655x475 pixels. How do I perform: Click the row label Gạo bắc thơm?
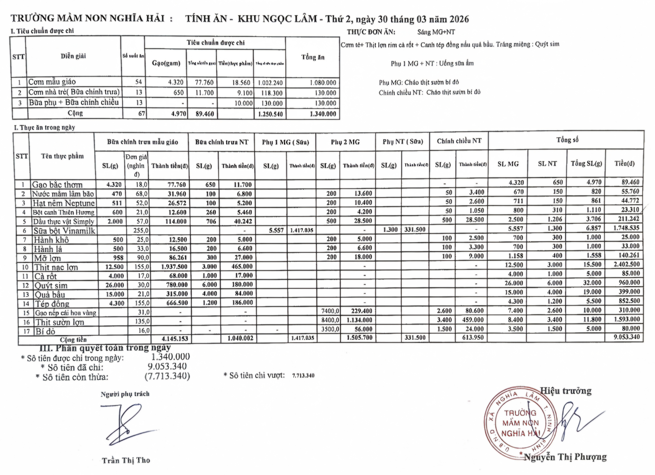[x=57, y=185]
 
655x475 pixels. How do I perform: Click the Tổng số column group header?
[x=567, y=140]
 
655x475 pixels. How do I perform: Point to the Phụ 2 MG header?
[x=345, y=142]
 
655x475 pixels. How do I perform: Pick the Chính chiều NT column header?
[x=459, y=141]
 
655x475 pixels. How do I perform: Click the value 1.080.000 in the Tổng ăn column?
[x=323, y=83]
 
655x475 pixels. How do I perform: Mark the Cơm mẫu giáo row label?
[x=52, y=82]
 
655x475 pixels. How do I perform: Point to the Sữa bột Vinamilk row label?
[x=64, y=231]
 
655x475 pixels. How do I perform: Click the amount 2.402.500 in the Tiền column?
[x=624, y=264]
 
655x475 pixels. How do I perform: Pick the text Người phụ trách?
[x=125, y=394]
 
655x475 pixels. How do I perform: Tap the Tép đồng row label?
[x=52, y=304]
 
